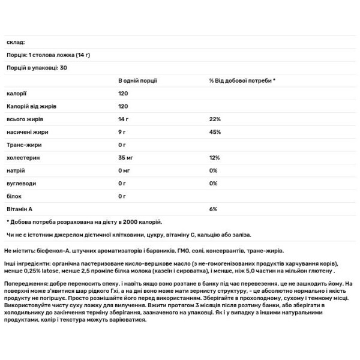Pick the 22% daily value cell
coord(215,119)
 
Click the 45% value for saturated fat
coord(215,132)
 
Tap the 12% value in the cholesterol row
coord(214,158)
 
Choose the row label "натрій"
coord(15,170)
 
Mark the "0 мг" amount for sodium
coord(125,170)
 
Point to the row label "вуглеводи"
coord(20,183)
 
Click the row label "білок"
coord(13,196)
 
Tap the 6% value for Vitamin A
coord(213,209)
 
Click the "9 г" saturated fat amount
coord(122,132)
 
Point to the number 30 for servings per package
coord(63,68)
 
